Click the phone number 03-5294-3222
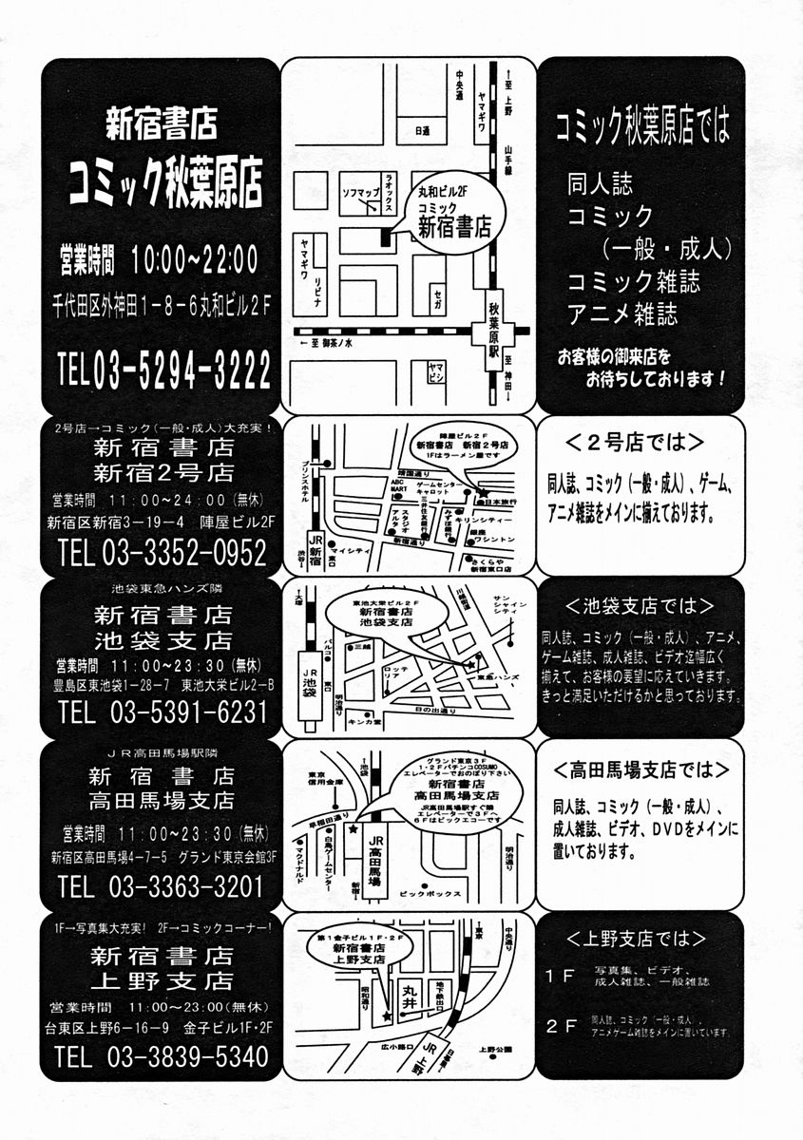[x=182, y=369]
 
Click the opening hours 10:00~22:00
[x=194, y=257]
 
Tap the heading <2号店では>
[x=635, y=443]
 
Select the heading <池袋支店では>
[x=639, y=605]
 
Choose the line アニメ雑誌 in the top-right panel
[x=621, y=313]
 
